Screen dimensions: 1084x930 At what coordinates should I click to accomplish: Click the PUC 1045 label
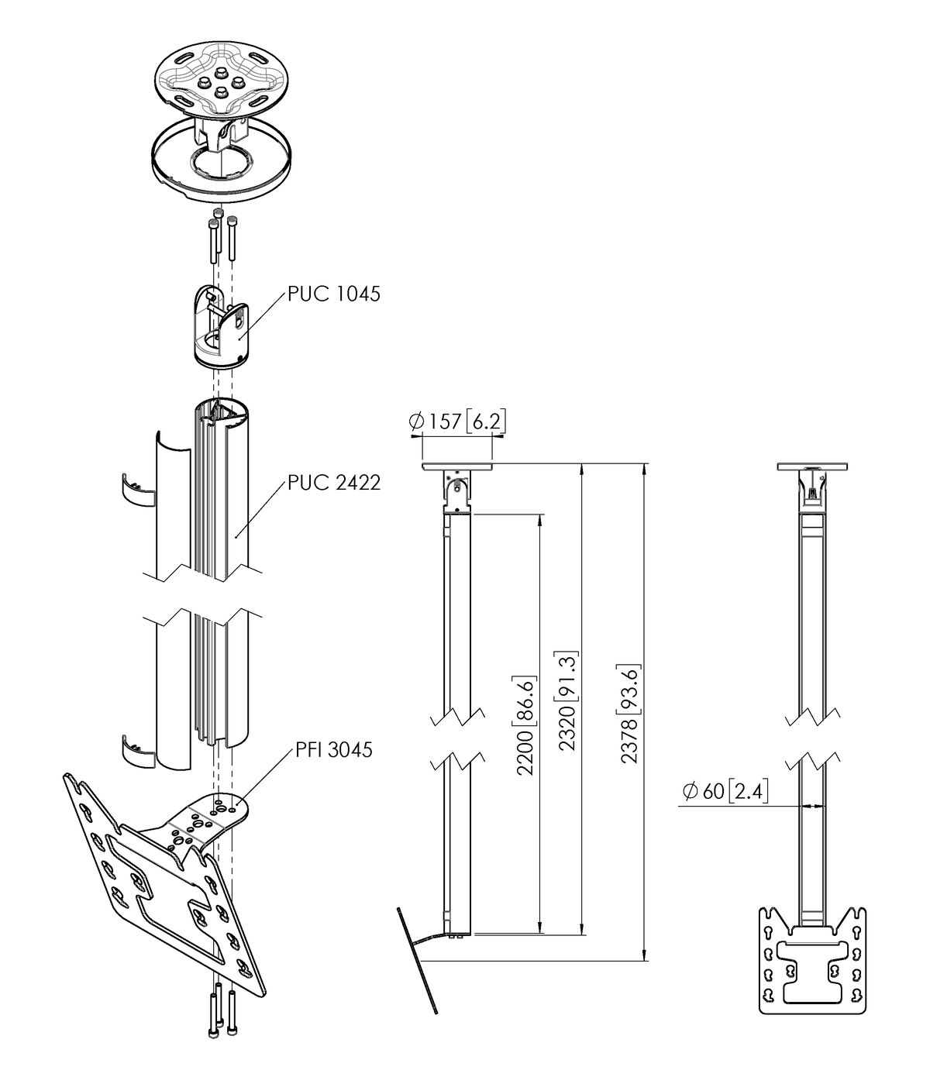[334, 294]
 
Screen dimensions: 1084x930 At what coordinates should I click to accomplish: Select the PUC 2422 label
[334, 483]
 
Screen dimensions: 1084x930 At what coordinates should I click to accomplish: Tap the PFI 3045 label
[334, 749]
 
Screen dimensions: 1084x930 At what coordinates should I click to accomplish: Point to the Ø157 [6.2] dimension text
[457, 421]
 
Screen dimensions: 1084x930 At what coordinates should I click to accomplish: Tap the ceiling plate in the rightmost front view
[812, 467]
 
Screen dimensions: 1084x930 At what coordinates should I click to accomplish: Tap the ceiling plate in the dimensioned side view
[457, 467]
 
